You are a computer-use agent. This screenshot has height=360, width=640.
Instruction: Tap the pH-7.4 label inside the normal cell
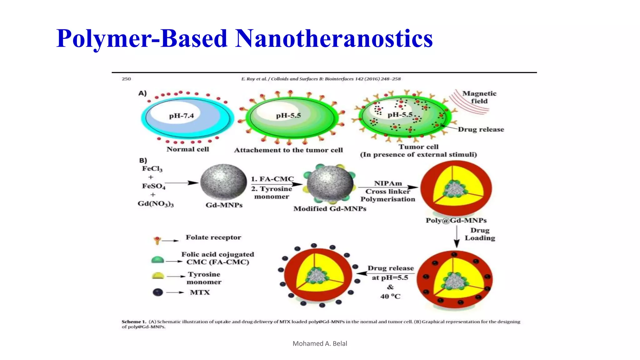pos(181,116)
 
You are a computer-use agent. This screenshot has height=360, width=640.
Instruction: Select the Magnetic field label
pos(479,97)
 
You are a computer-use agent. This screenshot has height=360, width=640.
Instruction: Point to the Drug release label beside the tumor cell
pos(481,129)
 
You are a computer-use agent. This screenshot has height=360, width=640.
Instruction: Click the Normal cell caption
pos(187,149)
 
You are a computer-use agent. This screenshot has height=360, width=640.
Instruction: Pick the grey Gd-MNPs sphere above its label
pos(223,182)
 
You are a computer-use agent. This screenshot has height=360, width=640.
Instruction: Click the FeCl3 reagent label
pos(152,169)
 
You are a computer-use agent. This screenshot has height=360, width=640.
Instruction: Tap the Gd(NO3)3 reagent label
pos(156,204)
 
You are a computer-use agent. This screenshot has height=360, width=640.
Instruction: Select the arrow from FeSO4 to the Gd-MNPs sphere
pos(182,183)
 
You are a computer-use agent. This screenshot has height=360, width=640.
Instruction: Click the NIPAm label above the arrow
pos(388,183)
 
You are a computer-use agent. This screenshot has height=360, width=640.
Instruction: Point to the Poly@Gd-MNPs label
pos(456,220)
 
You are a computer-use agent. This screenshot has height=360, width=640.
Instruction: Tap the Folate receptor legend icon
pos(157,240)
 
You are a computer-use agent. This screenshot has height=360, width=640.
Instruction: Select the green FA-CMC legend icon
pos(157,260)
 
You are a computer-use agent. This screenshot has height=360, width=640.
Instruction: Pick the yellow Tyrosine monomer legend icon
pos(158,276)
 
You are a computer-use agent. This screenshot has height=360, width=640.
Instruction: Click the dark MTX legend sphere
pos(158,292)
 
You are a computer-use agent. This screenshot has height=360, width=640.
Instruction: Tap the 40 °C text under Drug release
pos(390,296)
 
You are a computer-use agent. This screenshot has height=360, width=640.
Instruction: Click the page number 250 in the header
pos(126,79)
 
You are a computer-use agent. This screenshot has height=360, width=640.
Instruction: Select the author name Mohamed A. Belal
pos(320,343)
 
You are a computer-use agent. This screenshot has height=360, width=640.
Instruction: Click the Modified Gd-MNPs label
pos(330,209)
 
